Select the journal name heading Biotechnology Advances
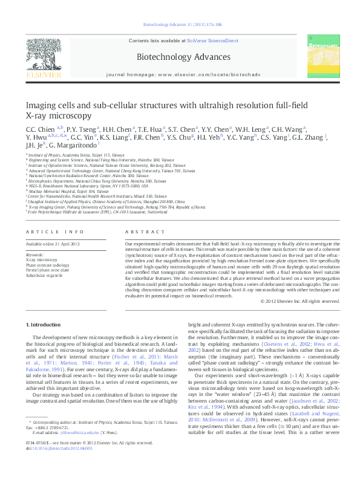click(x=179, y=58)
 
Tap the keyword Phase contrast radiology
click(x=48, y=264)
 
